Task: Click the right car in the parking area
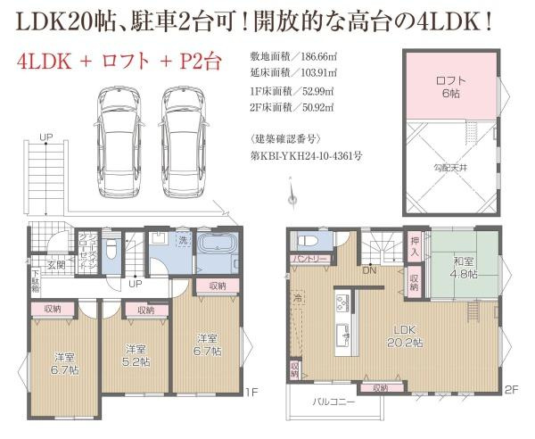tap(186, 128)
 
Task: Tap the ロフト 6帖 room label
tap(449, 86)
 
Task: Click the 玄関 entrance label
tap(56, 264)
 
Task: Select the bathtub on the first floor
tap(217, 253)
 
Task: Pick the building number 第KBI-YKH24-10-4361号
tap(306, 154)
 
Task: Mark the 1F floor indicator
tap(251, 391)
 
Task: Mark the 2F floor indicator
tap(511, 389)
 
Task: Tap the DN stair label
tap(366, 270)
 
